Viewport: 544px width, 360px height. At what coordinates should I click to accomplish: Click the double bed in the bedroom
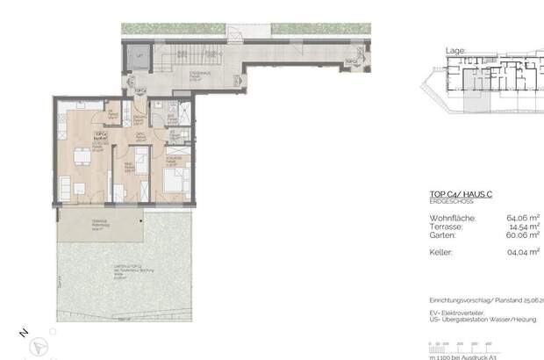point(174,182)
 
